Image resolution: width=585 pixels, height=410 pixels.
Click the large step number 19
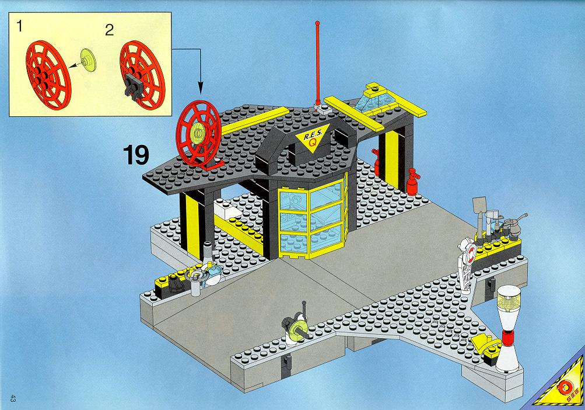[x=136, y=155]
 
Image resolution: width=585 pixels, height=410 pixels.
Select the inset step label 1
[x=19, y=26]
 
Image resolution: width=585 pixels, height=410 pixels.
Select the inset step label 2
[x=109, y=30]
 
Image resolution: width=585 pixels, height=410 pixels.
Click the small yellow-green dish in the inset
[x=89, y=60]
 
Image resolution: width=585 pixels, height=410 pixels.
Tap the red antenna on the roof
[x=317, y=64]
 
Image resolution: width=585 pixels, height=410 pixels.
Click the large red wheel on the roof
[x=198, y=133]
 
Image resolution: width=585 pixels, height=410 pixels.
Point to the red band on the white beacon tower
[x=507, y=337]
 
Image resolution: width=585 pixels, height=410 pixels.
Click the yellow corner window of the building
[x=313, y=218]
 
